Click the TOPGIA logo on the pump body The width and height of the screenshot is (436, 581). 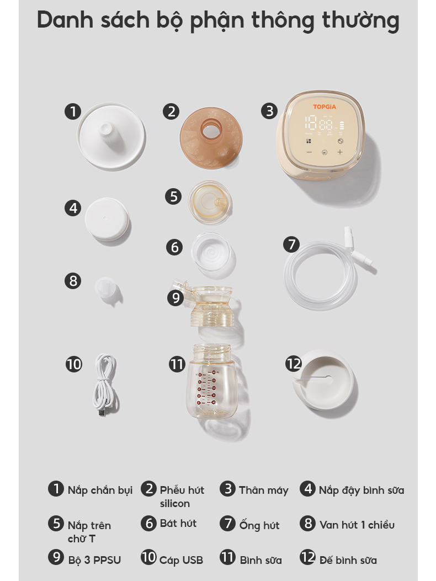(x=325, y=106)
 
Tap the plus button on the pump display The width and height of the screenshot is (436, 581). (x=340, y=152)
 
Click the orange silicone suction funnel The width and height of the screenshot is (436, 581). (x=211, y=138)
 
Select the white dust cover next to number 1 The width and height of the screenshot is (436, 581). (x=111, y=136)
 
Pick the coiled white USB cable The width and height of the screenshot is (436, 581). (x=105, y=384)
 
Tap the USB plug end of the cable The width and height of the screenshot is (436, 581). (x=102, y=412)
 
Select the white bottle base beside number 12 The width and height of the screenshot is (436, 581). (x=323, y=380)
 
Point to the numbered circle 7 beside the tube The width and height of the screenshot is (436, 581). (x=292, y=244)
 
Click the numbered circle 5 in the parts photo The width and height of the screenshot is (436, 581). (x=173, y=196)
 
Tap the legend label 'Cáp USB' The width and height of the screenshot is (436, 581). (x=181, y=560)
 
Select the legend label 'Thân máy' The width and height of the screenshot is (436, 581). (x=264, y=490)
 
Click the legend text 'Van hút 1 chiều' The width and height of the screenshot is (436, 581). (x=357, y=525)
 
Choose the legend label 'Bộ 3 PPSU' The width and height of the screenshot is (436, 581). (x=94, y=559)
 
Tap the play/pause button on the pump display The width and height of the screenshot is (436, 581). (x=325, y=152)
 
